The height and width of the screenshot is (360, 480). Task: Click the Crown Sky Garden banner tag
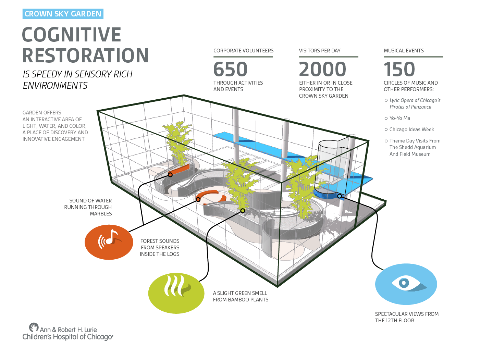(63, 14)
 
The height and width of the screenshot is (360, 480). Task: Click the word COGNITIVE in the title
(71, 35)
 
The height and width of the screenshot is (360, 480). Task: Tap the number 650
(230, 69)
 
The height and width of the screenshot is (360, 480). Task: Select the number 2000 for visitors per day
(322, 69)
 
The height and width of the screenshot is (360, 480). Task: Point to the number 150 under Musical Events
(399, 69)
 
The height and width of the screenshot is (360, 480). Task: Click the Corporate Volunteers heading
(243, 51)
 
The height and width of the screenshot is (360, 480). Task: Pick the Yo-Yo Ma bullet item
(399, 118)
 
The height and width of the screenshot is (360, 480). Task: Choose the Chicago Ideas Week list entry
(411, 129)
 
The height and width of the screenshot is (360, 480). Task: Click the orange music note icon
(109, 242)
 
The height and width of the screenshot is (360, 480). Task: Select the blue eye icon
(406, 284)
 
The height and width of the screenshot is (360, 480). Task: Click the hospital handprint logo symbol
(34, 327)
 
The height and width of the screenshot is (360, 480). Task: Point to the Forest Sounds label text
(160, 248)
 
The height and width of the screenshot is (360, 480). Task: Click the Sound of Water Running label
(88, 207)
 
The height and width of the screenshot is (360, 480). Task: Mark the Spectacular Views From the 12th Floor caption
(407, 317)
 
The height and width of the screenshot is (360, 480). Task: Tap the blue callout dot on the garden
(340, 196)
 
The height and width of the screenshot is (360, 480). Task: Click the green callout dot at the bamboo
(243, 211)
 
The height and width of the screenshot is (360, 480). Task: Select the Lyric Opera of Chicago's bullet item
(415, 103)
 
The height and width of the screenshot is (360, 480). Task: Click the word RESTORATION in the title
(85, 55)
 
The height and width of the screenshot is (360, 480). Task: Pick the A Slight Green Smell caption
(241, 296)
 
